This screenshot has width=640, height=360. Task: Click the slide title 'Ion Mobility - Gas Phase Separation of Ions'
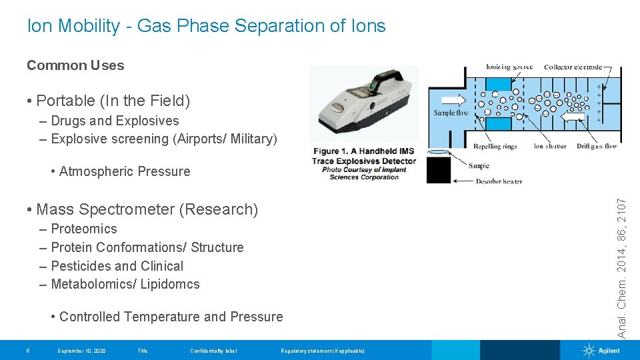pos(206,26)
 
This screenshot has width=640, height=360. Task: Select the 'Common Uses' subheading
pos(75,65)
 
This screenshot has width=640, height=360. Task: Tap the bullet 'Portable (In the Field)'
pos(113,101)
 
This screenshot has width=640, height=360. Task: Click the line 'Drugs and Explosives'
pos(115,121)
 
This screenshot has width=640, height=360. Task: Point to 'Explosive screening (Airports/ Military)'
pos(164,139)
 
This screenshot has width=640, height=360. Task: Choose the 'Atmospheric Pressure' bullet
pos(125,171)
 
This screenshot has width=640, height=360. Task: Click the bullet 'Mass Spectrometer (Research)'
pos(147,209)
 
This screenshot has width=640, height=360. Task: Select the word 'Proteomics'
pos(84,229)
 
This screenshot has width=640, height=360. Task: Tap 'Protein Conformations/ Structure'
pos(147,247)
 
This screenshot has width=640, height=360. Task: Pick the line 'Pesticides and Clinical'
pos(117,266)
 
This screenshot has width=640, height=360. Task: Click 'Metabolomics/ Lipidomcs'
pos(125,284)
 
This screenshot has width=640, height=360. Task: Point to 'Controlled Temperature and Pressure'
pos(171,317)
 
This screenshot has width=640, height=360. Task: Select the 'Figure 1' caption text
pos(364,164)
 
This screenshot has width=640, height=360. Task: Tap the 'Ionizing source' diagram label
pos(508,67)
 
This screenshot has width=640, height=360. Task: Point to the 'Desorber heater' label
pos(499,181)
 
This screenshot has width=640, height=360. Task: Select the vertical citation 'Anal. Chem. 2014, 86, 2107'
pos(621,267)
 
